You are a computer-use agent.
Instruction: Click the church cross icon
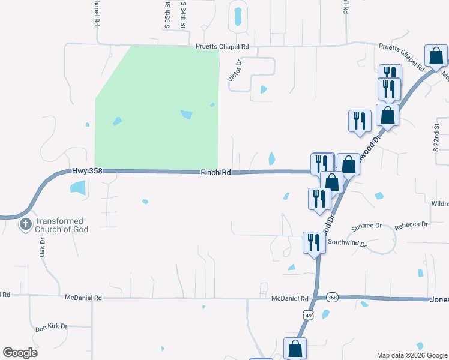tap(25, 225)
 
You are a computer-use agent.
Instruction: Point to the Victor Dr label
tap(234, 70)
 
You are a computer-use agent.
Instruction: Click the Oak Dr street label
tap(43, 247)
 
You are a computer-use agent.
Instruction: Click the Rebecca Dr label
tap(412, 225)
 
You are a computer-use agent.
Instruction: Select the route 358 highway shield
tap(333, 298)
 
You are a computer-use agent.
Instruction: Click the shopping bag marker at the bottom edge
tap(295, 348)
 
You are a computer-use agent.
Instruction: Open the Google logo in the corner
tap(20, 352)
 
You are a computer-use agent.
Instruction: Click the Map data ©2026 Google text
tap(412, 355)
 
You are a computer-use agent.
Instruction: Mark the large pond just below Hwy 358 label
tap(79, 187)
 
